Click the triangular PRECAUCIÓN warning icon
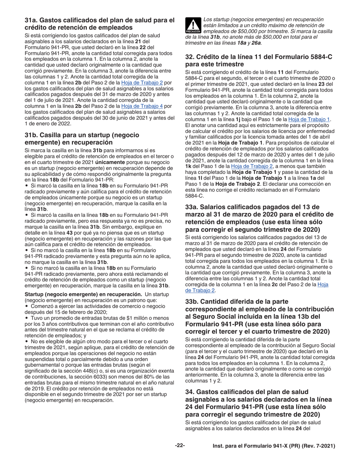[x=193, y=25]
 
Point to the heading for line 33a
[x=259, y=218]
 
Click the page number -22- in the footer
[x=180, y=446]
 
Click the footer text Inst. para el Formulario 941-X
[x=274, y=446]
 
